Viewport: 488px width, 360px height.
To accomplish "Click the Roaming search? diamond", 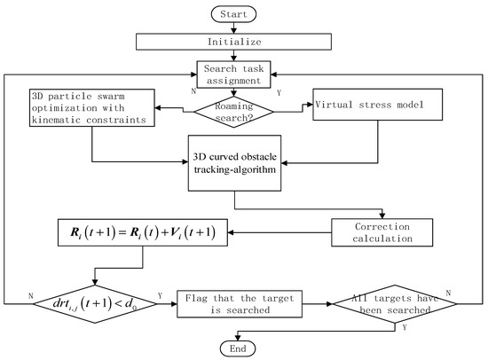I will [x=234, y=112].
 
